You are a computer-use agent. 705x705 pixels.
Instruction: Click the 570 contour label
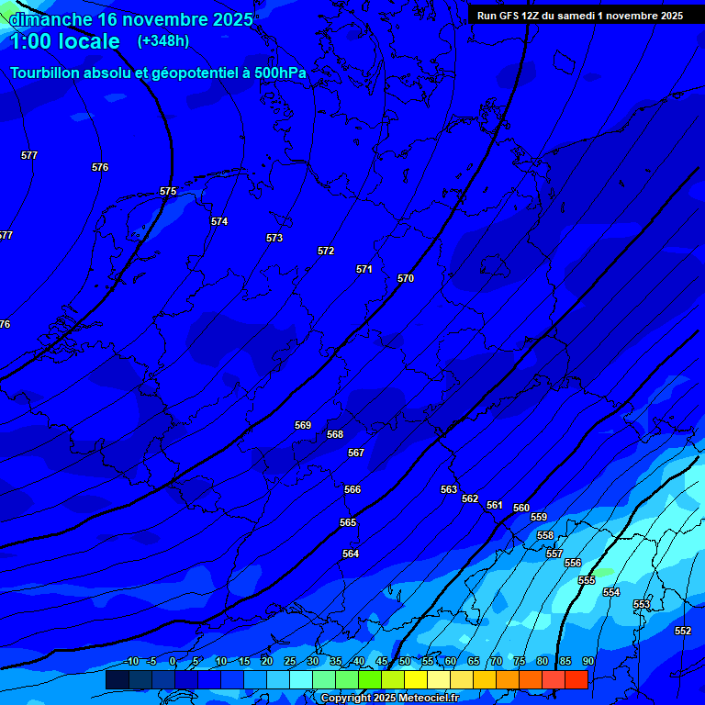point(406,278)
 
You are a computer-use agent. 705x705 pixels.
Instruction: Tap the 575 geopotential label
point(168,192)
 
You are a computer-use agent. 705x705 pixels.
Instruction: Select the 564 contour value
point(351,554)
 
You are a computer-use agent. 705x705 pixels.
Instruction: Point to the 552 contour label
point(683,631)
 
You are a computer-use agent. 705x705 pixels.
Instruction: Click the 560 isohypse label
point(521,508)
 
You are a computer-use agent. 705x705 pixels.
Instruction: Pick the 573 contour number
point(274,238)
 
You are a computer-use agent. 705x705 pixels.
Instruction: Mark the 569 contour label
point(303,425)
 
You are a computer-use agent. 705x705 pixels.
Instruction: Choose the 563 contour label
point(449,489)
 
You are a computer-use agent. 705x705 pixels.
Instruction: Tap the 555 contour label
point(587,580)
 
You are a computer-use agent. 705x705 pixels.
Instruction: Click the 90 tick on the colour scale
point(587,662)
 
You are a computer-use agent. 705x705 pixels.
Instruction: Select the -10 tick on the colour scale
point(130,662)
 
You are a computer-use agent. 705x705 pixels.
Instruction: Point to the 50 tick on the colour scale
point(404,662)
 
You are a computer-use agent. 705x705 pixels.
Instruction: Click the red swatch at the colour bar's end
point(576,679)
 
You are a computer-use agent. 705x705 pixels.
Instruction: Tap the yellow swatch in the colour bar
point(415,679)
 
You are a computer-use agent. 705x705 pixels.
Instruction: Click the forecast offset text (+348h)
point(163,40)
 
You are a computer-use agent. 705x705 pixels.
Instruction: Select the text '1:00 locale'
point(64,41)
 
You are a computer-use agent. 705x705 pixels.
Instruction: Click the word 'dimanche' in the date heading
point(50,19)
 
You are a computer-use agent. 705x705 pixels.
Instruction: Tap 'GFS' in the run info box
point(509,16)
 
